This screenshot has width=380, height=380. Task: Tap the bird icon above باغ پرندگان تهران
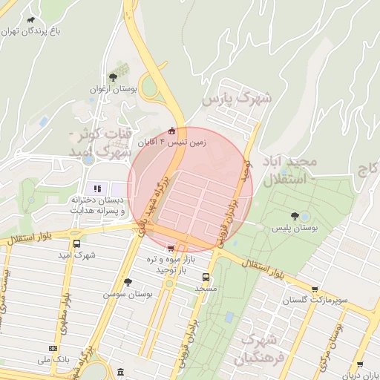(x=31, y=20)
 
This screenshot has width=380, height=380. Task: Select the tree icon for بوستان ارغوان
(x=113, y=77)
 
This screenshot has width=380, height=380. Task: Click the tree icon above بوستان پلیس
(x=296, y=217)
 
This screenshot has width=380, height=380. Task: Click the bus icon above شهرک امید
(x=77, y=243)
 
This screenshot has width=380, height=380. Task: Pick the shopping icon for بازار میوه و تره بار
(x=171, y=249)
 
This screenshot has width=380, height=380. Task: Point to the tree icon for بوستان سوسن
(x=128, y=282)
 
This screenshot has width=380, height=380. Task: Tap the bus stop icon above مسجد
(x=206, y=277)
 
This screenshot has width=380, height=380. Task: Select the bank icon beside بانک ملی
(x=53, y=347)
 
